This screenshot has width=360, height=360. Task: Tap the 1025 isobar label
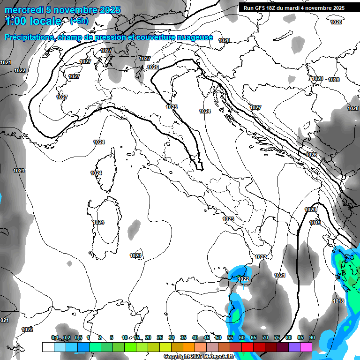[x=172, y=107]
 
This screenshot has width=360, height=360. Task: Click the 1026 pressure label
[x=311, y=155]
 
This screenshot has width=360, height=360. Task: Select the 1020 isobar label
[x=310, y=210]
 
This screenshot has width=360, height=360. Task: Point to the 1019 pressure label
[x=315, y=223]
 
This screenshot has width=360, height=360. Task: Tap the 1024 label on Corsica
[x=96, y=173]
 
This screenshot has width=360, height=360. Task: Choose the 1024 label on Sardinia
[x=98, y=222]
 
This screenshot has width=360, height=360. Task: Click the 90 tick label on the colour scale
[x=312, y=337]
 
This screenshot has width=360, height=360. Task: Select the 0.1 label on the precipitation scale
[x=55, y=337]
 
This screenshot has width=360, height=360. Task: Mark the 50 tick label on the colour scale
[x=218, y=337]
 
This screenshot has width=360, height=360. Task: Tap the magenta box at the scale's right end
[x=306, y=347]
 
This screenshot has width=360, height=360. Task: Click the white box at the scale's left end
[x=48, y=347]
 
